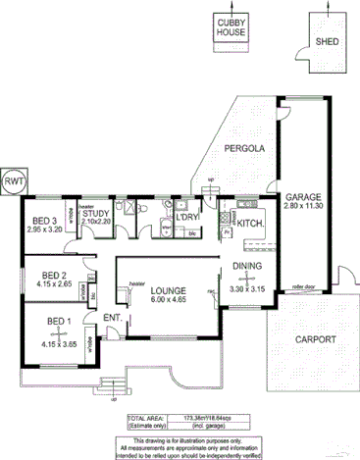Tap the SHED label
click(x=327, y=43)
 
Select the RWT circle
click(x=15, y=182)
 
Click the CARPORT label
click(x=315, y=340)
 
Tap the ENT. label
click(x=113, y=317)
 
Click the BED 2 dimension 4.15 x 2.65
click(x=54, y=284)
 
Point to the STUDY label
click(x=95, y=212)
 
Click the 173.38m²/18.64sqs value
click(x=209, y=418)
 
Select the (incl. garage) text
click(x=208, y=427)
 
